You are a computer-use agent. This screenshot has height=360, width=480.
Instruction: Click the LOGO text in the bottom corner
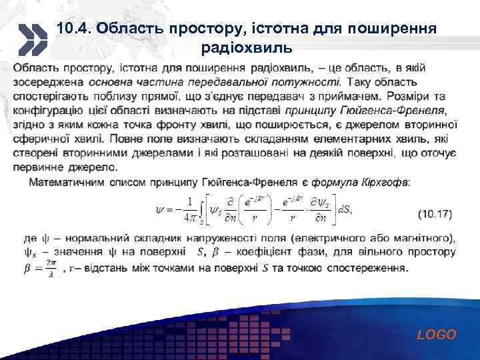tap(437, 335)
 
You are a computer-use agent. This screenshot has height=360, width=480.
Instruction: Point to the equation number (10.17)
tap(435, 215)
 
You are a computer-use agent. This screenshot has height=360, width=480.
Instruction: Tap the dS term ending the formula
tap(346, 209)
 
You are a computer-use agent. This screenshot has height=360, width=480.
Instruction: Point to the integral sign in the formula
tap(203, 209)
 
